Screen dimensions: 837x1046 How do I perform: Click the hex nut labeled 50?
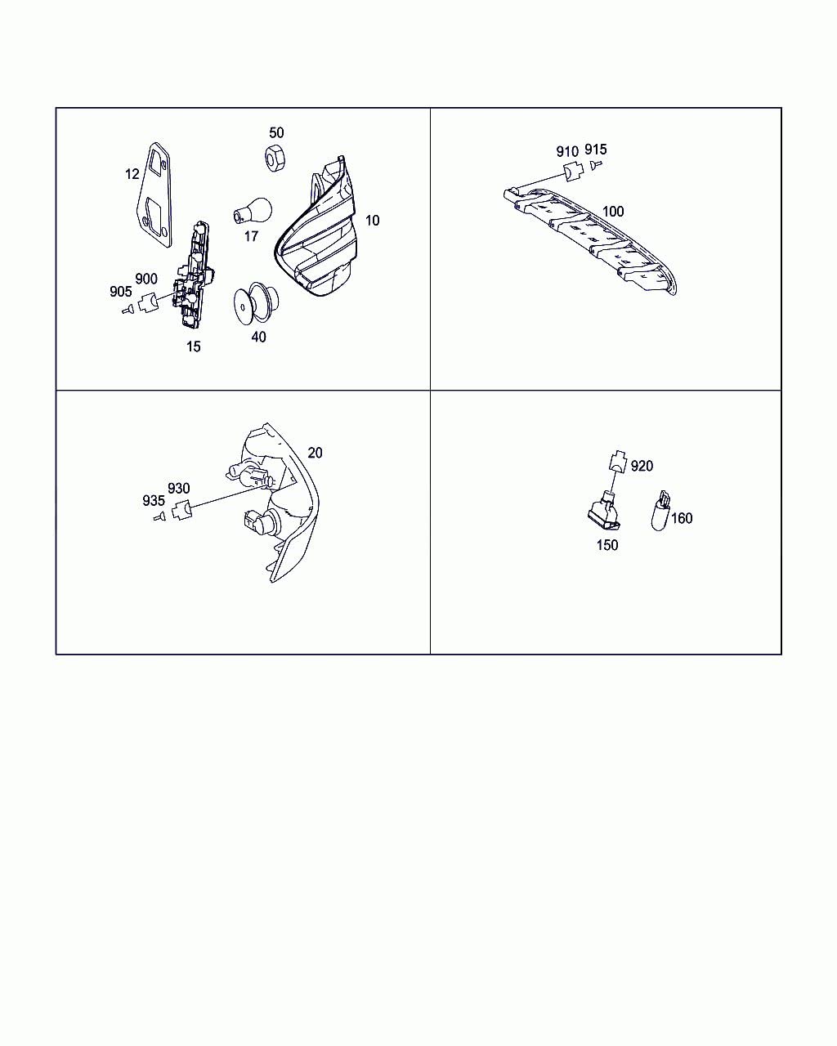click(x=275, y=157)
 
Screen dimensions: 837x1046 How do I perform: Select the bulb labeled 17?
click(x=252, y=211)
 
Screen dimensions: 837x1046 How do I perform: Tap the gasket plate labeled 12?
click(x=154, y=195)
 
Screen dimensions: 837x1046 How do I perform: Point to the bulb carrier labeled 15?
click(x=193, y=274)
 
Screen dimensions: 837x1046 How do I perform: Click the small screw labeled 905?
click(x=128, y=309)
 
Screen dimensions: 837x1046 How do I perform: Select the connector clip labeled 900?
click(x=147, y=302)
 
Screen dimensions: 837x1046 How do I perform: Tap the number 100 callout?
click(x=613, y=212)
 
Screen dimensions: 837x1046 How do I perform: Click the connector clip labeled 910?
click(x=573, y=171)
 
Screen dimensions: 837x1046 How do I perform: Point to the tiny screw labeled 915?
click(x=596, y=165)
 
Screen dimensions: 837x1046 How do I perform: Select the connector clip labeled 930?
click(x=182, y=509)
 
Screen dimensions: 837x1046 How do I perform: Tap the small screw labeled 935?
click(x=159, y=516)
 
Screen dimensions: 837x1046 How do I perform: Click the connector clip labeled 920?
click(x=618, y=460)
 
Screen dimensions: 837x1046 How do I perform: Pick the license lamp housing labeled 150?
click(x=605, y=511)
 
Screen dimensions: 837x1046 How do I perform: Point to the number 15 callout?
click(x=193, y=346)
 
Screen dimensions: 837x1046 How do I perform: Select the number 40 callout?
click(x=258, y=337)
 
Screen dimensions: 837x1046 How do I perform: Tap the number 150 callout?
click(x=607, y=545)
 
